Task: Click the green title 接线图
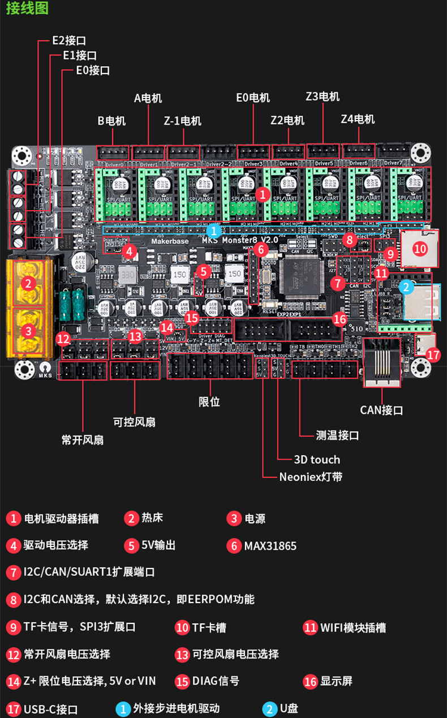click(x=27, y=8)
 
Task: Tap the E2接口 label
click(x=69, y=41)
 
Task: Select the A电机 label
click(x=148, y=98)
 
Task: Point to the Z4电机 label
click(x=358, y=119)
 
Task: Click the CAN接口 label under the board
click(x=381, y=410)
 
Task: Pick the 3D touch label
click(x=317, y=459)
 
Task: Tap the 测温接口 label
click(x=337, y=435)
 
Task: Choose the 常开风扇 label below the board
click(x=83, y=440)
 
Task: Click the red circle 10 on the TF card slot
click(x=419, y=247)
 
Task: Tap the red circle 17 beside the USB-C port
click(x=433, y=355)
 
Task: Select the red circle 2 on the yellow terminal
click(x=29, y=283)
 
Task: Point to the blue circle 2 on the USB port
click(x=405, y=287)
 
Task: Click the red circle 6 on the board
click(x=260, y=249)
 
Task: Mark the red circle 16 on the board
click(x=339, y=319)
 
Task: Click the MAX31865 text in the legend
click(x=270, y=546)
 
